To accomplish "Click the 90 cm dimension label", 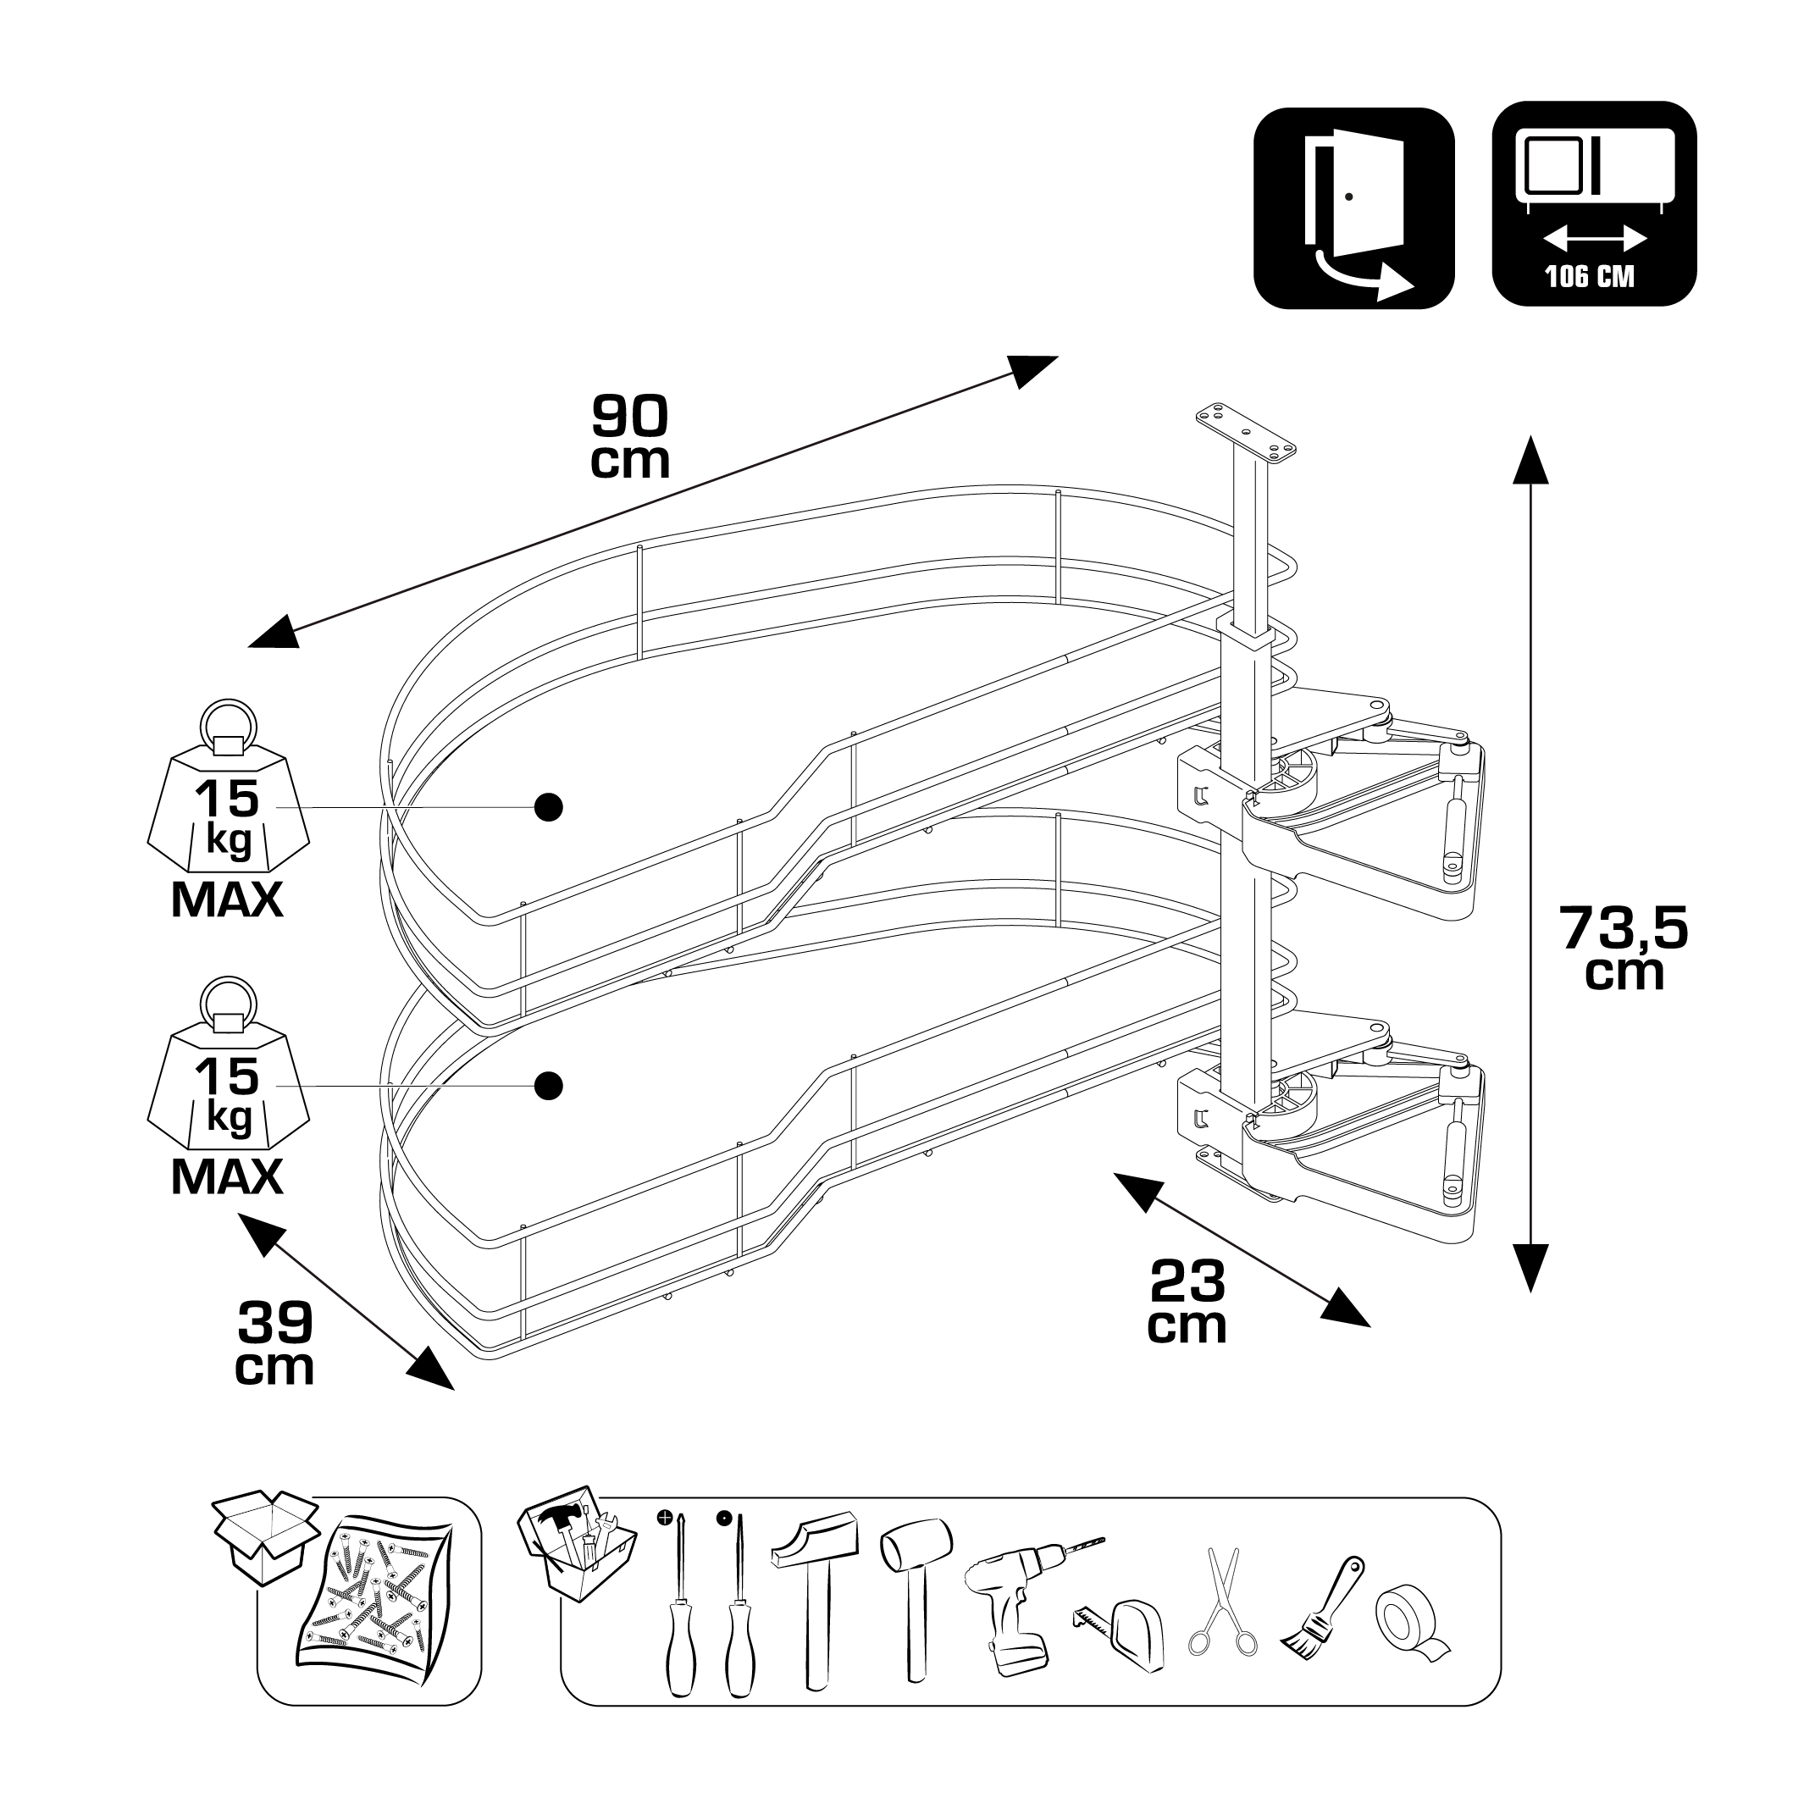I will coord(629,437).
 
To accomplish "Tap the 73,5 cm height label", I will coord(1624,947).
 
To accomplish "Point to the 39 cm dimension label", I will coord(274,1343).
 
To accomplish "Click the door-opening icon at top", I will coord(1353,208).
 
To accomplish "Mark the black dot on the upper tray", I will coord(549,806).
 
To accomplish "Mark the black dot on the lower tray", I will coord(549,1086).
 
